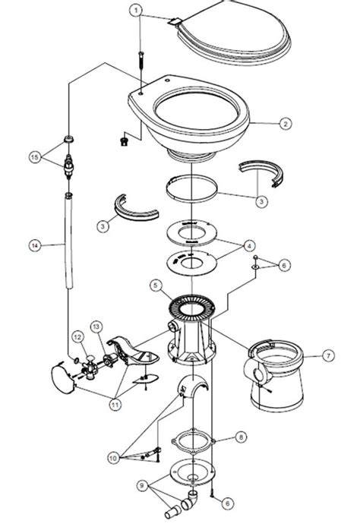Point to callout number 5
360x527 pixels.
(155, 286)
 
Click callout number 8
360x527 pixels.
(241, 437)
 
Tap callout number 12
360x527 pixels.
(76, 336)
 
